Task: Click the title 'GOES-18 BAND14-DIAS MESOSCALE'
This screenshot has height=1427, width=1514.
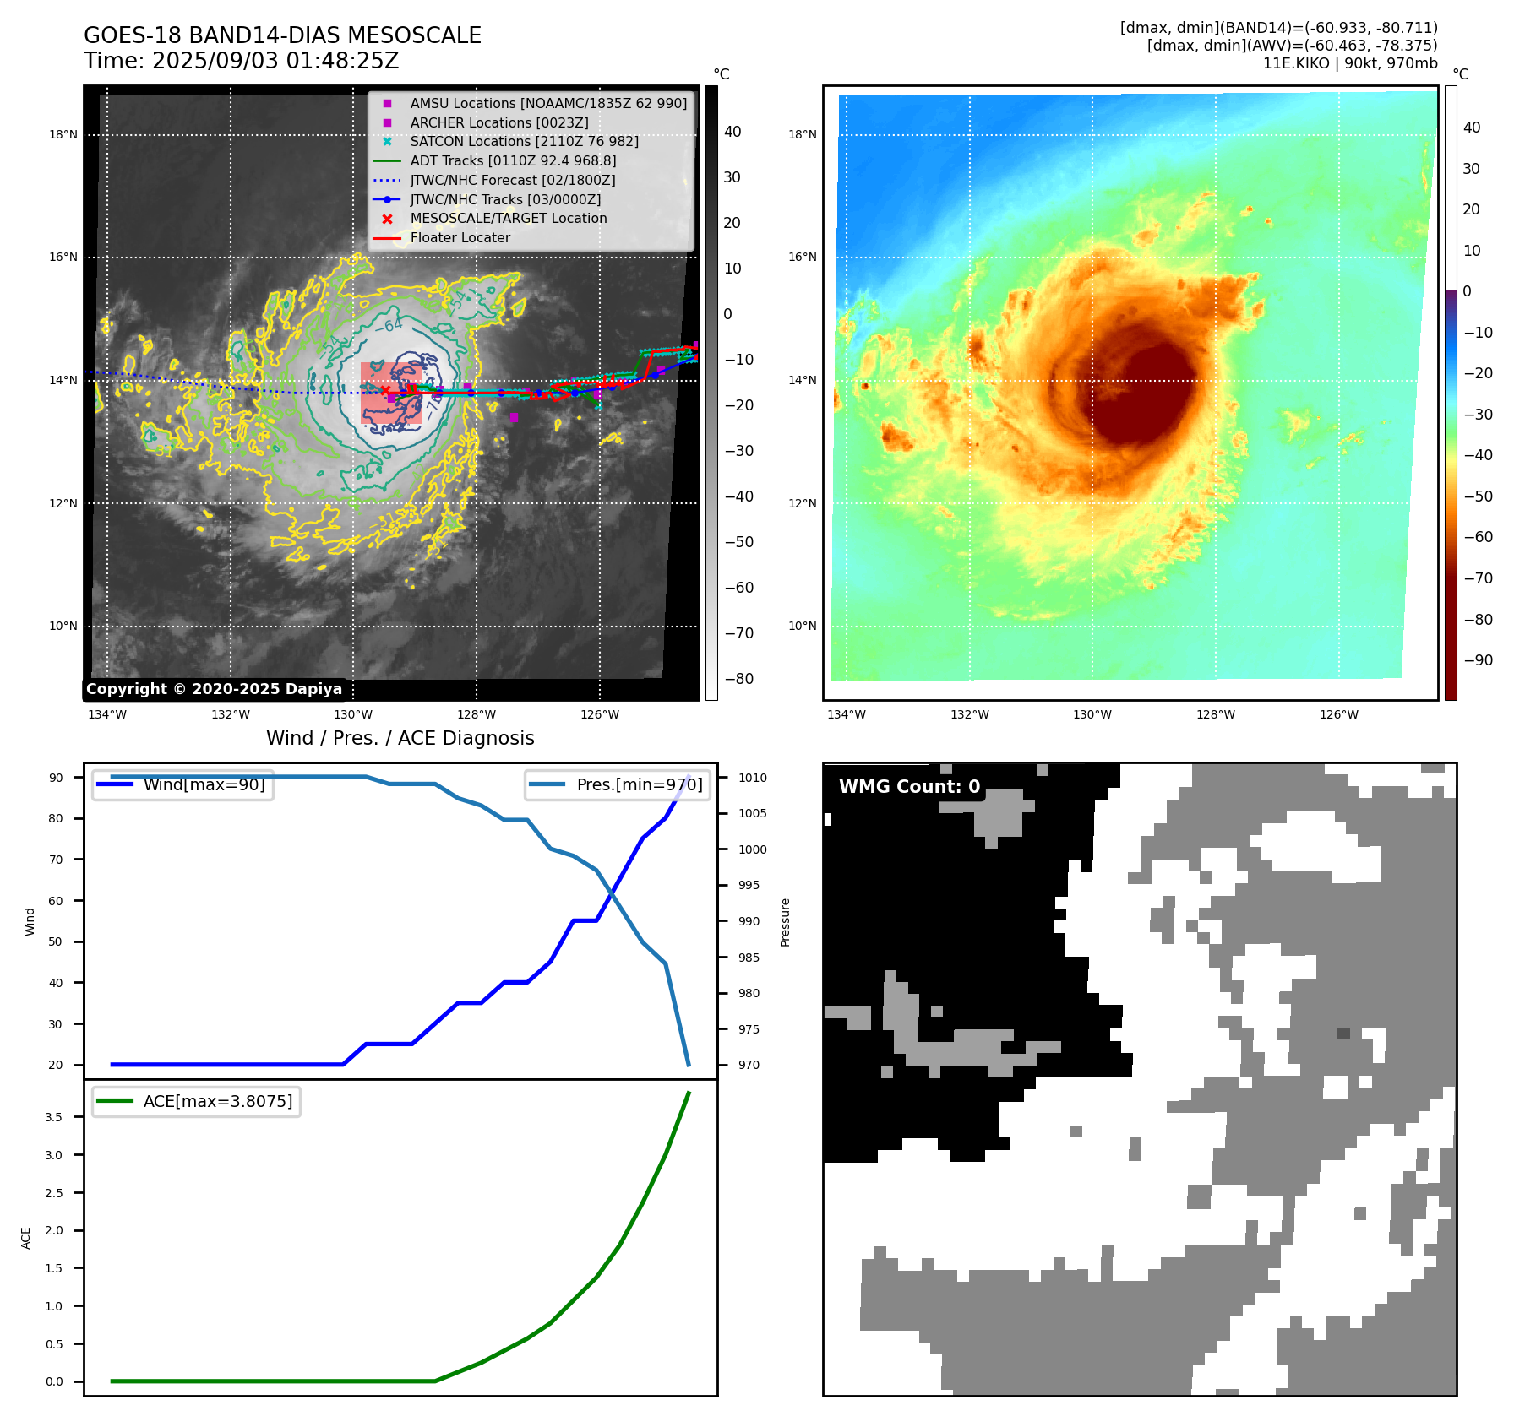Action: pyautogui.click(x=282, y=35)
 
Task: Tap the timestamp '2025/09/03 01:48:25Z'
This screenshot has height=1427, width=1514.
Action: pyautogui.click(x=275, y=61)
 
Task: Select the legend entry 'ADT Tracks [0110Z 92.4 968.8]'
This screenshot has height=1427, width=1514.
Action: pyautogui.click(x=513, y=160)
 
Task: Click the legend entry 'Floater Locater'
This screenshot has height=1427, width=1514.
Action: pyautogui.click(x=460, y=238)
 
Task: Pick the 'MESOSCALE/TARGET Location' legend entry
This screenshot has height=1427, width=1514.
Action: pyautogui.click(x=508, y=219)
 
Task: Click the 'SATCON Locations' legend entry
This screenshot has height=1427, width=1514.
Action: pyautogui.click(x=524, y=142)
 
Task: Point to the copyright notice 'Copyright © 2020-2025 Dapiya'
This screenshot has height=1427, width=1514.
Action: pyautogui.click(x=214, y=689)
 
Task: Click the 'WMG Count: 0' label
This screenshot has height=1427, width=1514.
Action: pyautogui.click(x=909, y=787)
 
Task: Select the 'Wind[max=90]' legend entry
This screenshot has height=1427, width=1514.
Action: pyautogui.click(x=204, y=784)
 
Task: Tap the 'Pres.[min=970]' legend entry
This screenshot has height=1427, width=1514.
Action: pyautogui.click(x=639, y=784)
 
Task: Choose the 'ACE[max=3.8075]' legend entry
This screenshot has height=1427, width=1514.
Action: pyautogui.click(x=217, y=1101)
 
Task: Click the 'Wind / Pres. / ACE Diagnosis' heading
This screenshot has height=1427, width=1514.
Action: pyautogui.click(x=400, y=738)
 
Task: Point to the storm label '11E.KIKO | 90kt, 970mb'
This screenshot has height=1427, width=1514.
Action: pyautogui.click(x=1349, y=63)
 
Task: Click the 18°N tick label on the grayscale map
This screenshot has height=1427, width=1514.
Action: pyautogui.click(x=63, y=134)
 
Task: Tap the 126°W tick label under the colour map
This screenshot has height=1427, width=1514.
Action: pyautogui.click(x=1339, y=714)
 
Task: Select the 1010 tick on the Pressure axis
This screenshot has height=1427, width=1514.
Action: pyautogui.click(x=752, y=778)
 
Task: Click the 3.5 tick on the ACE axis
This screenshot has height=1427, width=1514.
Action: pyautogui.click(x=54, y=1117)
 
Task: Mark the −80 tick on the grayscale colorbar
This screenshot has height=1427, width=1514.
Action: pyautogui.click(x=738, y=679)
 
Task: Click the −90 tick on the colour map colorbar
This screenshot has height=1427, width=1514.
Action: pyautogui.click(x=1478, y=660)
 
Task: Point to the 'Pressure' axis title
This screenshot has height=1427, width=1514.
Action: pyautogui.click(x=786, y=922)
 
